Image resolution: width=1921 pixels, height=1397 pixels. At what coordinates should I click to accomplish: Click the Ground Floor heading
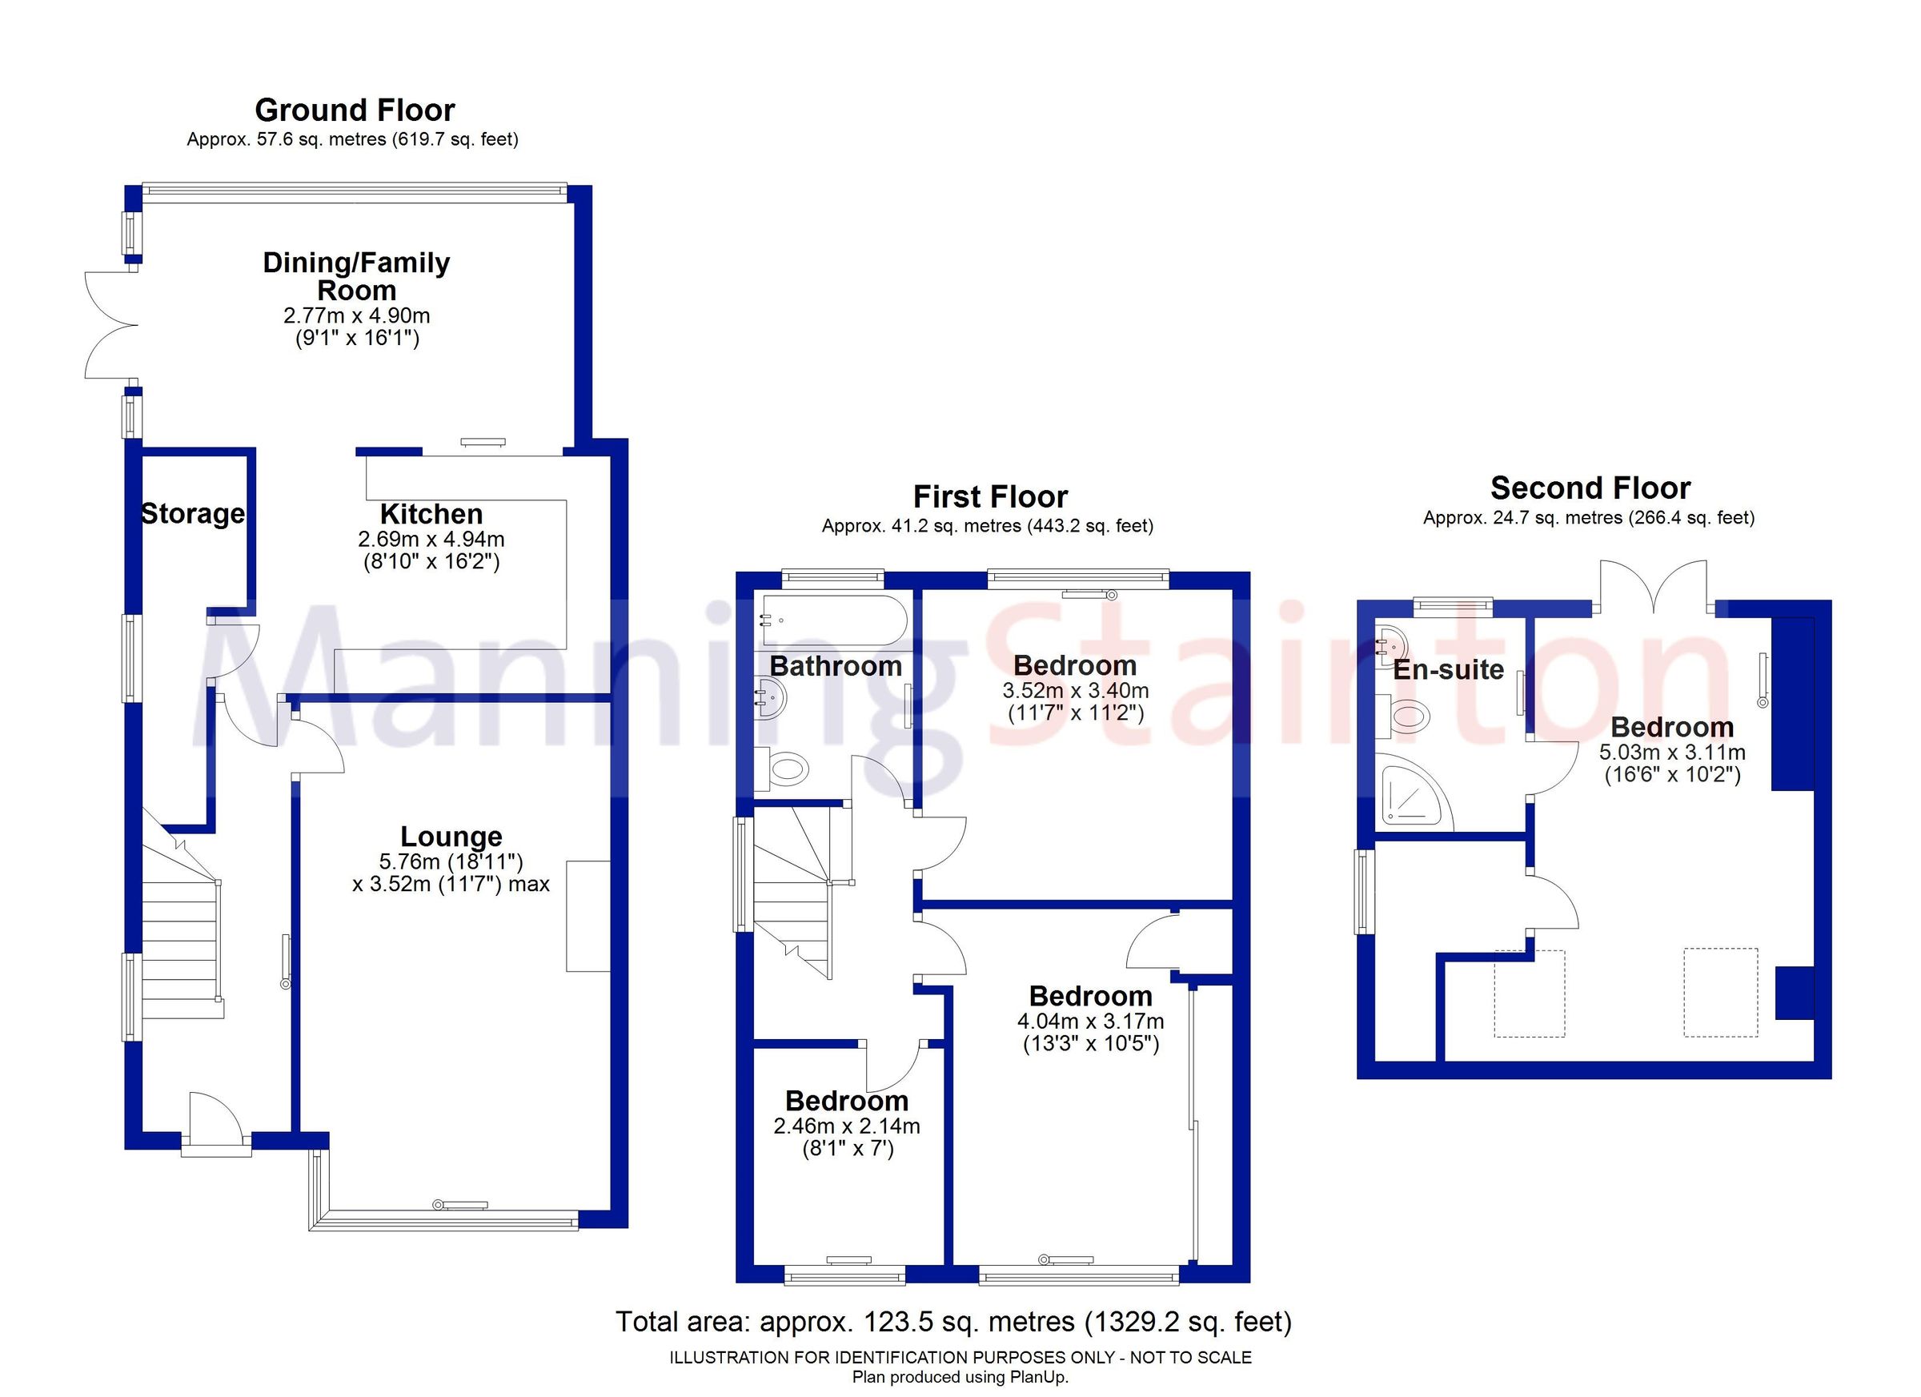(x=355, y=111)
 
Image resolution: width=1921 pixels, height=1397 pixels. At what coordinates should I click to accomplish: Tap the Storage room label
(x=193, y=514)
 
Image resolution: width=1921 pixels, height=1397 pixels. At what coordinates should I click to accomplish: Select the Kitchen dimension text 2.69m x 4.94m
(x=431, y=539)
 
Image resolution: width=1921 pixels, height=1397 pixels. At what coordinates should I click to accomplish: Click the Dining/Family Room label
(x=357, y=276)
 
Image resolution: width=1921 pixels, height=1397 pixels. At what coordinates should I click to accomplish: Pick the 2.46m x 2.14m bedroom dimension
(x=846, y=1126)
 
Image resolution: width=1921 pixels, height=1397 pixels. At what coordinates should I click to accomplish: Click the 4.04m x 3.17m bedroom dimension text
(x=1090, y=1021)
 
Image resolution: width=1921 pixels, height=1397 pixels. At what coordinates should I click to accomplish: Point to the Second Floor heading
(x=1590, y=489)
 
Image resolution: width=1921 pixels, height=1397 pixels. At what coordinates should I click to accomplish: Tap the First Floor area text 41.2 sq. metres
(x=988, y=526)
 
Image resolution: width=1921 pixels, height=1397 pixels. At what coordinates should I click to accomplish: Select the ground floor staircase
(x=180, y=941)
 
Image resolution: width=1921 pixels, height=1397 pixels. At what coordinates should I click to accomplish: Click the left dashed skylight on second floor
(x=1529, y=994)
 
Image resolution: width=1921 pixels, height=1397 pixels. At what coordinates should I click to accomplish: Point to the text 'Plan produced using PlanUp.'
(x=960, y=1378)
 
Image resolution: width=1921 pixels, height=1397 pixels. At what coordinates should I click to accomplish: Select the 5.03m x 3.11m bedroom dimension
(x=1671, y=753)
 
